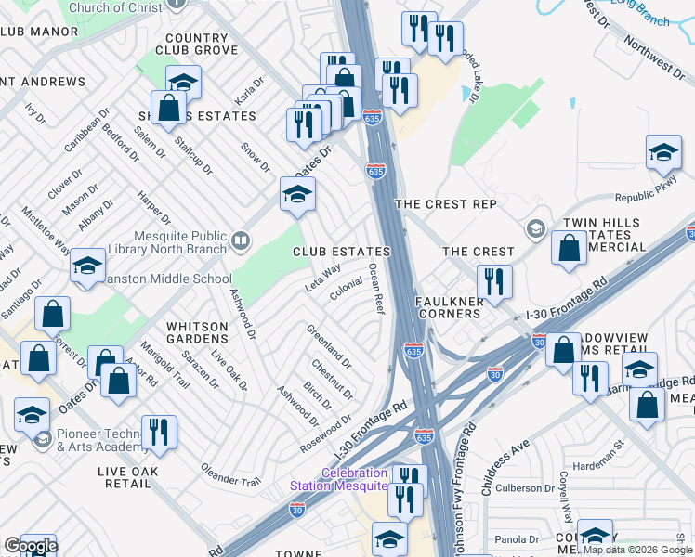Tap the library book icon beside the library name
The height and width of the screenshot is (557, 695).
(241, 242)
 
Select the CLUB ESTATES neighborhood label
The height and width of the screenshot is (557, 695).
(341, 252)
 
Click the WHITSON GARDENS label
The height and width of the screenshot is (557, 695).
(197, 333)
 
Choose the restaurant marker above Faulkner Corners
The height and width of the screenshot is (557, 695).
(494, 280)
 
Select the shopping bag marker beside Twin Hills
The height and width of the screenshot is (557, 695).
(568, 248)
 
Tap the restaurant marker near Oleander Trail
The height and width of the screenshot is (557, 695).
(159, 432)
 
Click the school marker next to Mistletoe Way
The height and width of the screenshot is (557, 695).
(87, 266)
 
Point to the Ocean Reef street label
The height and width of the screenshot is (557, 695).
(375, 289)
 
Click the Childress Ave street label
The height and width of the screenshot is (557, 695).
(504, 447)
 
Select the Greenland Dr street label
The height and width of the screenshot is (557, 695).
(330, 344)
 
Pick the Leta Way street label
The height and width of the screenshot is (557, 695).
(322, 278)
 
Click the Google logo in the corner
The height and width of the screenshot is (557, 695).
(31, 546)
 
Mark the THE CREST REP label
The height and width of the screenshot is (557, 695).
(445, 203)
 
